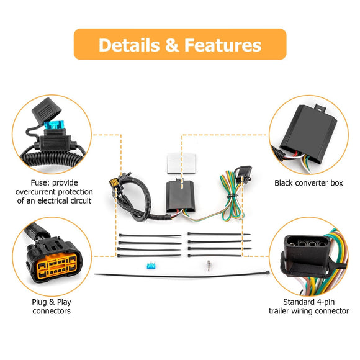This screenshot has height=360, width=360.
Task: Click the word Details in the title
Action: [x=128, y=45]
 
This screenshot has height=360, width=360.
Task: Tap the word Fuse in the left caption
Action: [x=40, y=183]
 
